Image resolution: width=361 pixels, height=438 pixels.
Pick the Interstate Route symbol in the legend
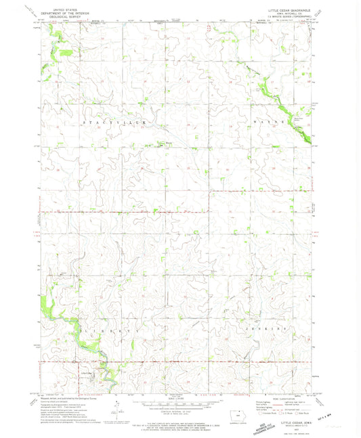point(260,414)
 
